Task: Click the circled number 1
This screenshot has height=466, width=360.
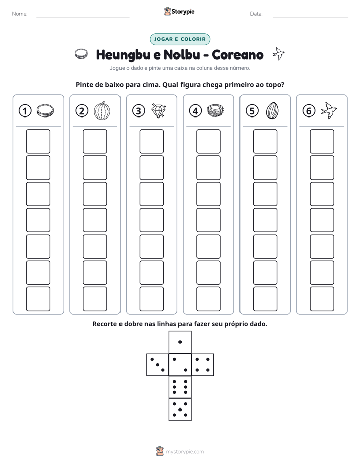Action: tap(25, 111)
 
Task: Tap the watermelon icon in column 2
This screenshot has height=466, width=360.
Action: tap(102, 110)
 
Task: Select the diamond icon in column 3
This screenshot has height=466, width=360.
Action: tap(159, 110)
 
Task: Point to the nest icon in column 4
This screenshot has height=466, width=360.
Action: tap(215, 110)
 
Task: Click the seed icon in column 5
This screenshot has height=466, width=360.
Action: tap(272, 110)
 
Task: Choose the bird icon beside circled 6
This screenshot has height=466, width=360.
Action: tap(329, 110)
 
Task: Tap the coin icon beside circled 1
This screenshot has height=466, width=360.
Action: tap(45, 110)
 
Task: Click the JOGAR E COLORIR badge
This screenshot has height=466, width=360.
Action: tap(180, 39)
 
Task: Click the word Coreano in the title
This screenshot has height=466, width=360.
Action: tap(237, 54)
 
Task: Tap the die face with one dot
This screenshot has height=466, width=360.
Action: tap(180, 342)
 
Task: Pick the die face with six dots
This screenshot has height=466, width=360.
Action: tap(180, 387)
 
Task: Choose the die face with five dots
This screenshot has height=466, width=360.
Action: tap(180, 410)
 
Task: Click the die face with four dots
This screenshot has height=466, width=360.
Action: tap(203, 365)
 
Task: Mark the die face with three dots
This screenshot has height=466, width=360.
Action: tap(158, 365)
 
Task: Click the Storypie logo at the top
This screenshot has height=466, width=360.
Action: tap(179, 11)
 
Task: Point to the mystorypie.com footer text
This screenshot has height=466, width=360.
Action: tap(185, 452)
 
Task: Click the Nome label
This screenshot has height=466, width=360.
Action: tap(20, 14)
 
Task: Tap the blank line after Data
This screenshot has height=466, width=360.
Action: tap(311, 17)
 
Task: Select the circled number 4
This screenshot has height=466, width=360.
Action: tap(195, 111)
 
